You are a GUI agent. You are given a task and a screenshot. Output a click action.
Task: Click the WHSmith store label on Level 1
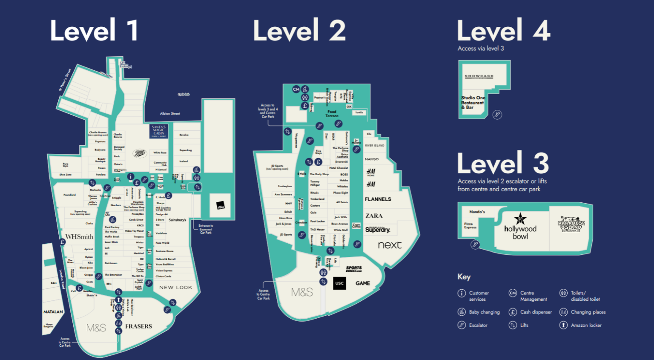[x=79, y=237]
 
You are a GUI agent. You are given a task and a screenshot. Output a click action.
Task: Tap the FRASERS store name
[x=138, y=326]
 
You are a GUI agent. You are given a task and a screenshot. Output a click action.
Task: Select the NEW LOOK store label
[x=175, y=288]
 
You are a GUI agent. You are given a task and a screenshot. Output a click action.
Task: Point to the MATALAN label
[x=53, y=312]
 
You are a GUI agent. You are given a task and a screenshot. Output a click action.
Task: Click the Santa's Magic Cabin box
[x=159, y=131]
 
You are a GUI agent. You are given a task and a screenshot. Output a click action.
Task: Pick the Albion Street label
[x=170, y=114]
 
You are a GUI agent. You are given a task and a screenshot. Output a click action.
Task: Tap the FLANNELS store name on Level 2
[x=378, y=199]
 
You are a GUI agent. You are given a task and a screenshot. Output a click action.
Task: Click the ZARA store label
[x=374, y=216]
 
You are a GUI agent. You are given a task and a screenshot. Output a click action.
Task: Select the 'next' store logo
[x=390, y=245]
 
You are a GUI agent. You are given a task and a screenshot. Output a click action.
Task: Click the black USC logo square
[x=339, y=283]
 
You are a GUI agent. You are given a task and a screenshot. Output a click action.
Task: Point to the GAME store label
[x=363, y=283]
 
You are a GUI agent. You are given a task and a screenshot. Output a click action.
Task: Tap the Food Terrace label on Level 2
[x=332, y=114]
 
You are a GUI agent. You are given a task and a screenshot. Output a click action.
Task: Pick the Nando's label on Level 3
[x=477, y=212]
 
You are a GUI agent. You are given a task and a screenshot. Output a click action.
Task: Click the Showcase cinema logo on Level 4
[x=479, y=77]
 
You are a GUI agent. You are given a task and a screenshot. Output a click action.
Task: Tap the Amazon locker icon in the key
[x=563, y=325]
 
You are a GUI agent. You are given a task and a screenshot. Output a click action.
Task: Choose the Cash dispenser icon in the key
[x=513, y=312]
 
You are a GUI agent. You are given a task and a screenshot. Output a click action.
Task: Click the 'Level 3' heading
[x=503, y=164]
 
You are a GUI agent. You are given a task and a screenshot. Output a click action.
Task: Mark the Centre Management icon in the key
[x=513, y=293]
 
